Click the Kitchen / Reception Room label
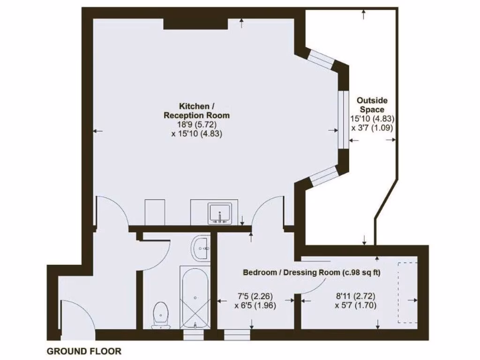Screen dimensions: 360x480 tap(197, 110)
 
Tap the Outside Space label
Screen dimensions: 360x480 tap(372, 105)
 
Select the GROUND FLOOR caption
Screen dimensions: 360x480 tap(83, 351)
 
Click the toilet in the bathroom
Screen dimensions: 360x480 tap(161, 315)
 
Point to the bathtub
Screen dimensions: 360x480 tap(195, 297)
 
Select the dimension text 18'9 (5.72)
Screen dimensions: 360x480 tap(197, 124)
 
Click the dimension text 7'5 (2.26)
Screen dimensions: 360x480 tap(255, 296)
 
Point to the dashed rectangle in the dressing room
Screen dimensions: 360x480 tap(407, 292)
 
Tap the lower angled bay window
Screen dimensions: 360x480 tap(324, 175)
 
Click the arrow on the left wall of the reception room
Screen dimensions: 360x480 tap(97, 131)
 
